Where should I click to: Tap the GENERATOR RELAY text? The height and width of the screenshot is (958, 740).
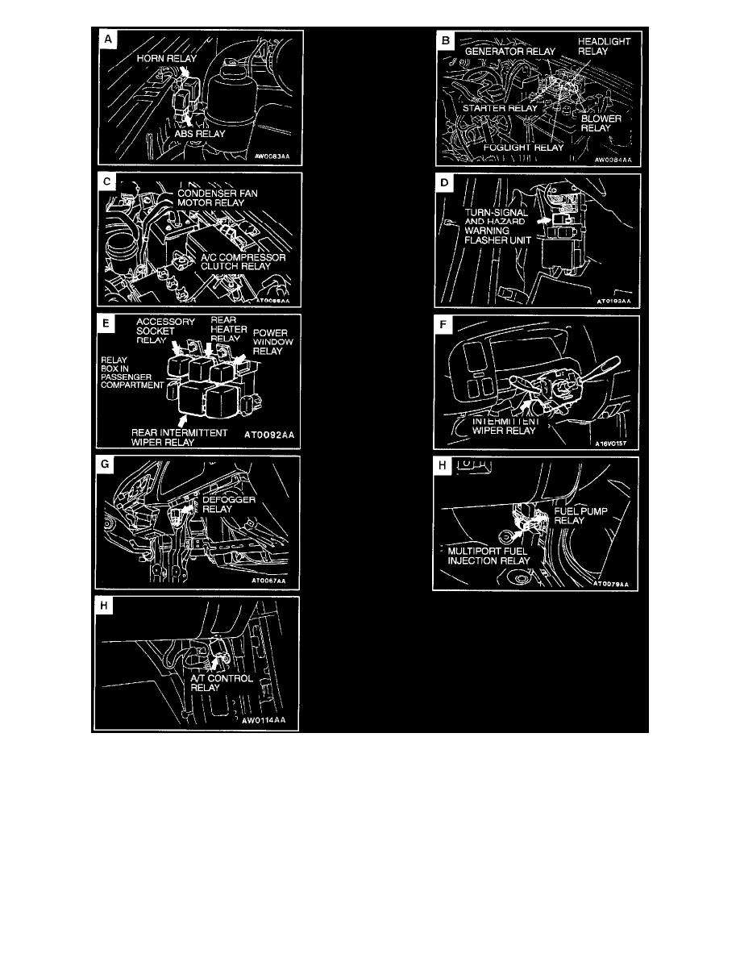click(509, 51)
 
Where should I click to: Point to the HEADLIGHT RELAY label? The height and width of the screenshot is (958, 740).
click(604, 45)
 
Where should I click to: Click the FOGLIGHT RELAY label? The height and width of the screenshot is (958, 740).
click(523, 148)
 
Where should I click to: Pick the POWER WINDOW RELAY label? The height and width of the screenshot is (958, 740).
click(273, 341)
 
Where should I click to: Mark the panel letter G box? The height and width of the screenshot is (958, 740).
click(106, 468)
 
